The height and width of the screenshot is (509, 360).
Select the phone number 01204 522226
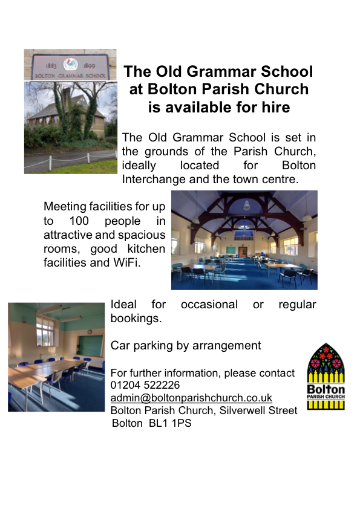145,385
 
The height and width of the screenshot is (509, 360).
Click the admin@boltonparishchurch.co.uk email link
191,398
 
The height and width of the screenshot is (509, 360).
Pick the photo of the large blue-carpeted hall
244,240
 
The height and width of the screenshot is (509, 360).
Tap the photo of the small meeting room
56,357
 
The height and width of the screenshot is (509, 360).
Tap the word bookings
136,318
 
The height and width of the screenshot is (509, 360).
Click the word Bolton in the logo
326,389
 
